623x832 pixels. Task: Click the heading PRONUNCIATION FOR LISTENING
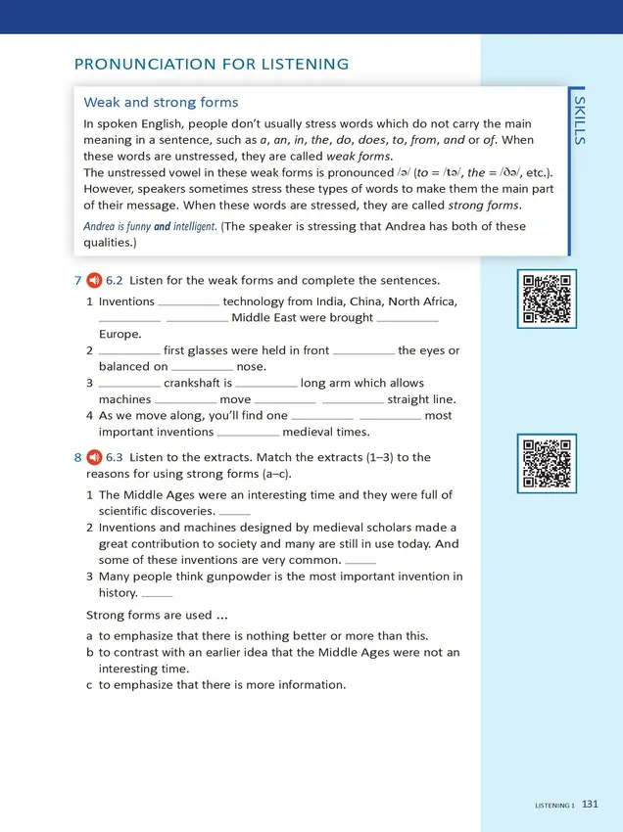click(212, 65)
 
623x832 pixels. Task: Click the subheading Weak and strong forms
click(161, 102)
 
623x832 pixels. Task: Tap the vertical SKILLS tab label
click(580, 120)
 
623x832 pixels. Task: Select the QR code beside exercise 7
click(547, 300)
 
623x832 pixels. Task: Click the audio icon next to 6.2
click(95, 281)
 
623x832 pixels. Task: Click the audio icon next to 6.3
click(95, 457)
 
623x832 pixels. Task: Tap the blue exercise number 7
click(77, 281)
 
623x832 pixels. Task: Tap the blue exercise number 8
click(77, 457)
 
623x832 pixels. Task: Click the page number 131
click(590, 805)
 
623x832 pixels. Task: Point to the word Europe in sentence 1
click(120, 334)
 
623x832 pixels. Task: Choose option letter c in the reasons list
click(90, 685)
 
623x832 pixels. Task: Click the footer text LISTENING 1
click(554, 806)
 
